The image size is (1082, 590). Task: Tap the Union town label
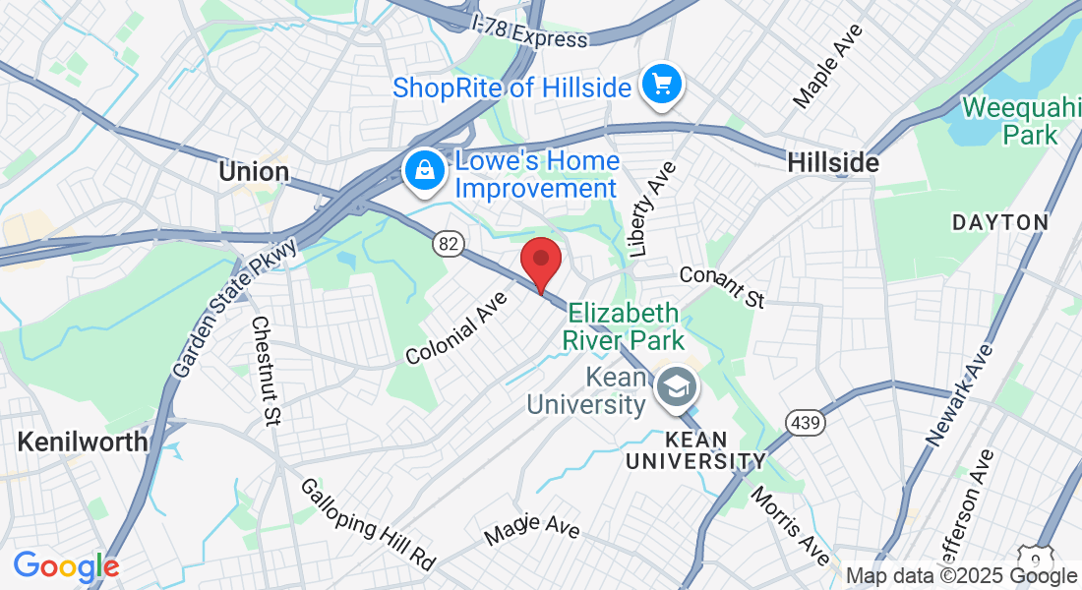(254, 172)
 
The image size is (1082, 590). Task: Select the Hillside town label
(833, 163)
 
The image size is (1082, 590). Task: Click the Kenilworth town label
(83, 442)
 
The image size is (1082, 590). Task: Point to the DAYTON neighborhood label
(1000, 222)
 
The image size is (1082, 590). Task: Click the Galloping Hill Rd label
(367, 524)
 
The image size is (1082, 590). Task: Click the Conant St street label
(722, 286)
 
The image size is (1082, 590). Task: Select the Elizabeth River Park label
(623, 327)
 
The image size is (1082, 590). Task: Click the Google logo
(66, 566)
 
